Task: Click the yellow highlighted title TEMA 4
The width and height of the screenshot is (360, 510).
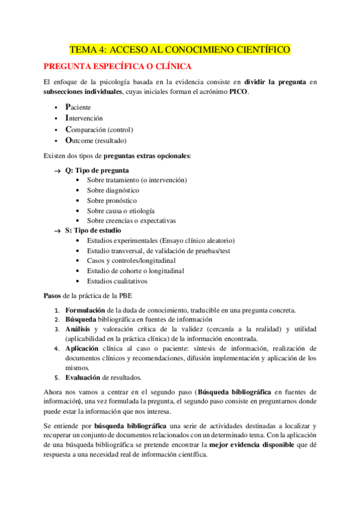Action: (180, 49)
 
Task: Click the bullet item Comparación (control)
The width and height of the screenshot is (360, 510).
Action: (99, 129)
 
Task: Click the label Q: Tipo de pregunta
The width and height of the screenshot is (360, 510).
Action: (97, 170)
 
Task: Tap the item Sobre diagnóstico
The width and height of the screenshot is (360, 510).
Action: (113, 191)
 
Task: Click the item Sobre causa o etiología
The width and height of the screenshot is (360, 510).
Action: (120, 210)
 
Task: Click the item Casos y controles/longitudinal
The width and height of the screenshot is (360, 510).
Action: (130, 260)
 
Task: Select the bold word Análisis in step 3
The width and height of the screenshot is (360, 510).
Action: (78, 330)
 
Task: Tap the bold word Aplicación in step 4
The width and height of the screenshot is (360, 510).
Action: (81, 349)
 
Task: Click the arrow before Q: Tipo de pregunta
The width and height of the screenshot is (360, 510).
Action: (57, 171)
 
